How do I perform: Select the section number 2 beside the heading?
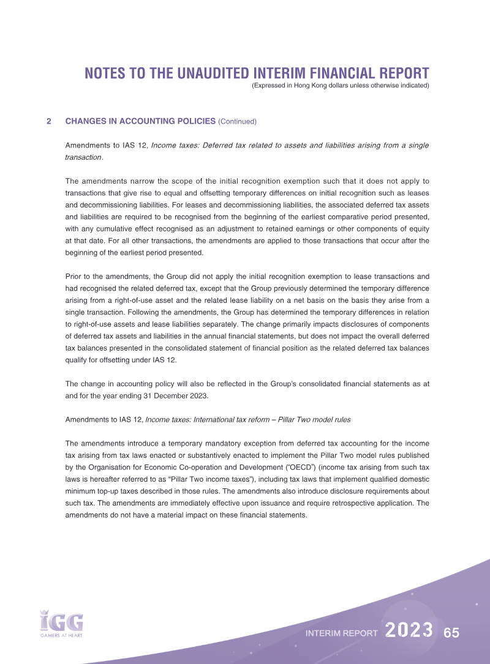pyautogui.click(x=48, y=121)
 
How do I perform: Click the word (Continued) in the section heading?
pyautogui.click(x=237, y=121)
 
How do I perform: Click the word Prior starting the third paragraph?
pyautogui.click(x=74, y=277)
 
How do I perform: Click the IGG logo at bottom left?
pyautogui.click(x=61, y=622)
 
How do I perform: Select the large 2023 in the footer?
pyautogui.click(x=410, y=631)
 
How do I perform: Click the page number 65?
pyautogui.click(x=452, y=632)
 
